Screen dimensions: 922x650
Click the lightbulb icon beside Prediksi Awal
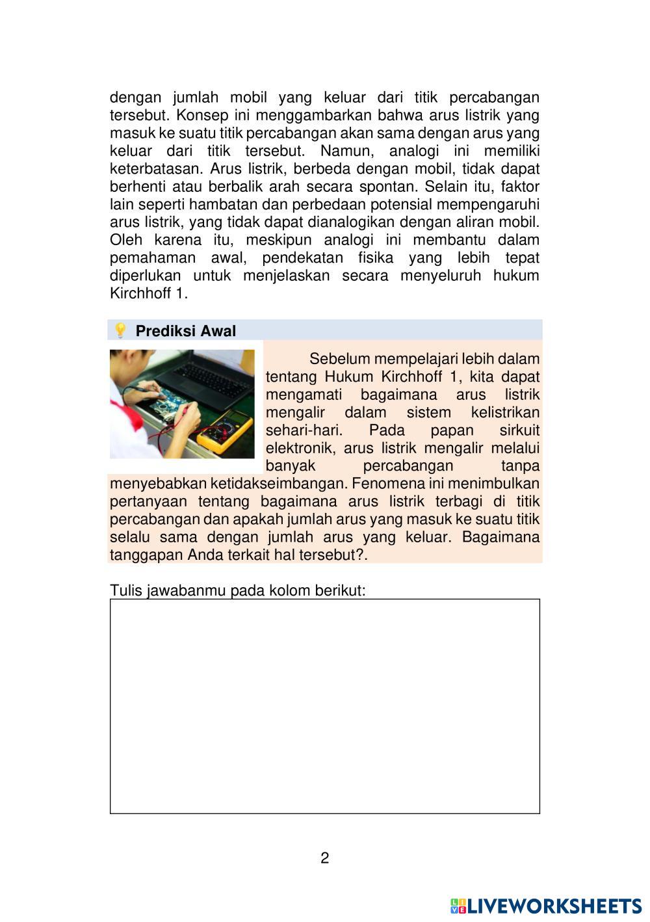[x=120, y=330]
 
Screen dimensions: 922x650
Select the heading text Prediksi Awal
[x=185, y=331]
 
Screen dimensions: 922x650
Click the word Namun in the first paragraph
[x=348, y=151]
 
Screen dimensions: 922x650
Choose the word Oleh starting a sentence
[x=126, y=240]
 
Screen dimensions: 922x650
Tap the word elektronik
[x=299, y=448]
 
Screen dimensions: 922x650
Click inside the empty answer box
[x=325, y=706]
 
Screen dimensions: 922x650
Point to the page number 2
[x=325, y=858]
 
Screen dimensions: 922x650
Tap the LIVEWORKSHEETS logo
[x=546, y=906]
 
